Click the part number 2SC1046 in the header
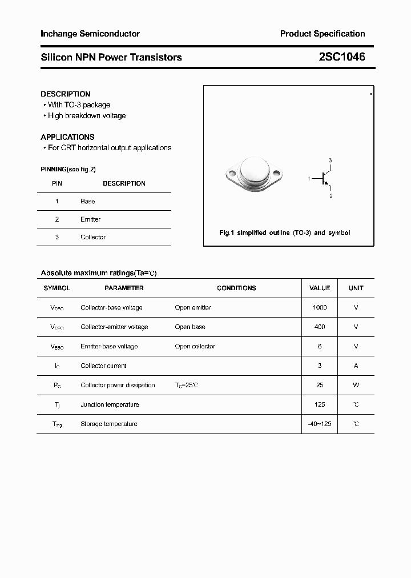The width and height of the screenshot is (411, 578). [x=342, y=57]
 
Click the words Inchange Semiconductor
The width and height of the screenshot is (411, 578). [x=90, y=34]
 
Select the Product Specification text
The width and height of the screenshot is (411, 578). [x=322, y=34]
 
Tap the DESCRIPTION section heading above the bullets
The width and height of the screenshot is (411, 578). [x=66, y=94]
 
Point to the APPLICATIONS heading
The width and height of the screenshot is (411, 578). [x=67, y=137]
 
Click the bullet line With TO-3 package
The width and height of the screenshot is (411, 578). [x=79, y=105]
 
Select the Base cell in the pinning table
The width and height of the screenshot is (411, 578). [x=88, y=202]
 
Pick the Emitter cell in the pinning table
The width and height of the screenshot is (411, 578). [x=90, y=219]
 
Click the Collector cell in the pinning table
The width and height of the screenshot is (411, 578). [x=93, y=237]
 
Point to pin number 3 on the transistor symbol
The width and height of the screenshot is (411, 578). [x=330, y=160]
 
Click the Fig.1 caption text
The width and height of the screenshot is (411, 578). [x=285, y=233]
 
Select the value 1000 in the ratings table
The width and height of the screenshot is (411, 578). [x=320, y=308]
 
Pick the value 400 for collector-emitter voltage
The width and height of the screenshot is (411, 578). [x=320, y=327]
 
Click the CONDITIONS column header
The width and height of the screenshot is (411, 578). [x=236, y=288]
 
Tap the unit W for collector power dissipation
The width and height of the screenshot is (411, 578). [x=356, y=386]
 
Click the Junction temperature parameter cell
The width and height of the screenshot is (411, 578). [x=110, y=405]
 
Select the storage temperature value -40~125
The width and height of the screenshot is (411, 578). [x=320, y=424]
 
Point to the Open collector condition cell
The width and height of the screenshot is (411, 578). [x=195, y=347]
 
